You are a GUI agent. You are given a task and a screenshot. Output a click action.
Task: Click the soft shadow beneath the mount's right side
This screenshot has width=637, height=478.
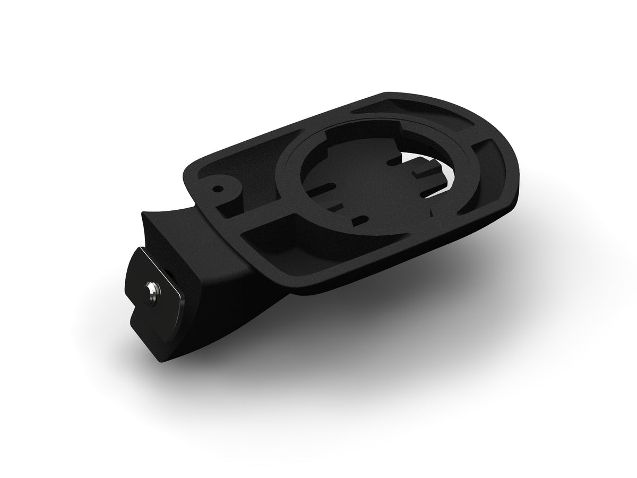(451, 297)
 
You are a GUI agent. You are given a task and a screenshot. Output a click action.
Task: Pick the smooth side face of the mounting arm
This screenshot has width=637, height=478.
(223, 287)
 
